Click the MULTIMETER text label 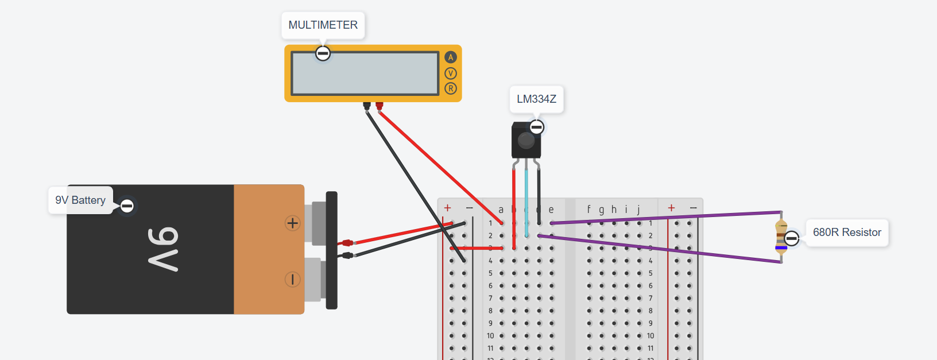(323, 25)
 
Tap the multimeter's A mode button (451, 57)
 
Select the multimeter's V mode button (451, 73)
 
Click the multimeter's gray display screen (365, 73)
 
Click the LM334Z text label (536, 99)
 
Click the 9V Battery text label (80, 200)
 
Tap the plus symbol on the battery (293, 223)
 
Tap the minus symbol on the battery (293, 280)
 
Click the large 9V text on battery (163, 249)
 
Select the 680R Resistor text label (847, 232)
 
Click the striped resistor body (781, 237)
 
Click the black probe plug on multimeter (367, 106)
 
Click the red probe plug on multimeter (379, 106)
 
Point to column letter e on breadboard (551, 210)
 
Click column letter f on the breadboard (588, 210)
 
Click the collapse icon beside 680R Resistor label (792, 238)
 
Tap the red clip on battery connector (347, 243)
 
